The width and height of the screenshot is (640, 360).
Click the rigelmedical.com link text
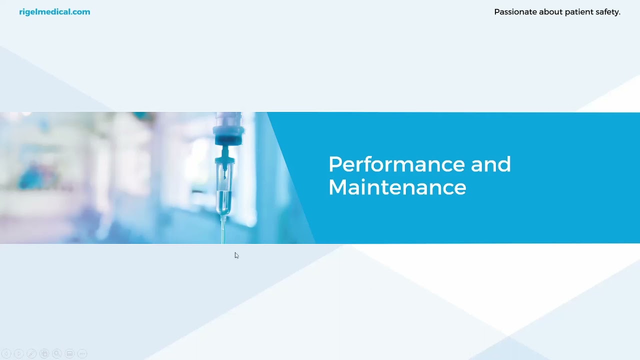click(x=54, y=12)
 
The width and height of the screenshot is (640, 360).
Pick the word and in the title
click(x=490, y=165)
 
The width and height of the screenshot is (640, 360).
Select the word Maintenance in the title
click(x=397, y=187)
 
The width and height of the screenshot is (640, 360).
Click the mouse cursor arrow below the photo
click(x=236, y=255)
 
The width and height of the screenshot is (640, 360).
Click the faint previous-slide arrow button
click(x=6, y=353)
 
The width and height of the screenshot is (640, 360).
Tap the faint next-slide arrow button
click(x=19, y=353)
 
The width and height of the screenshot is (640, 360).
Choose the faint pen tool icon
click(x=31, y=353)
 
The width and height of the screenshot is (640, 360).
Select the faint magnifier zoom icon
click(x=57, y=353)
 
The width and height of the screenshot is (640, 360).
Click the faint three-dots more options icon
click(x=82, y=353)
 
